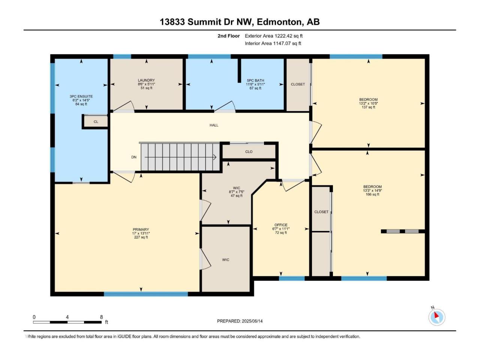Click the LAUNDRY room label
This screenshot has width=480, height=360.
coord(146,80)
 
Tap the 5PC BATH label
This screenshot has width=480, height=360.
coord(255,80)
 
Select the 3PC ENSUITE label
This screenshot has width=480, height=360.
coord(81,96)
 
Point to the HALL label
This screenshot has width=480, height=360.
coord(214,125)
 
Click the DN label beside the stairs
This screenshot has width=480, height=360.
coord(134,157)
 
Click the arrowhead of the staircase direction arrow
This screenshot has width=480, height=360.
coord(215,157)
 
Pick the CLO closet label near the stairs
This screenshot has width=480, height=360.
coord(249,152)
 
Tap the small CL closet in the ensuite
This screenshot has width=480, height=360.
coord(96,122)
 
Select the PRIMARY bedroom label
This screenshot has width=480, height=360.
coord(141,229)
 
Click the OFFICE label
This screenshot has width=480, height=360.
coord(281,225)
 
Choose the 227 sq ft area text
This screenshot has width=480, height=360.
coord(141,237)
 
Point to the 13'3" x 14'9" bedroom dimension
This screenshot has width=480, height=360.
coord(372,190)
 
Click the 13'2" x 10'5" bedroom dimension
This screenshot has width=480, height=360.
coord(369,103)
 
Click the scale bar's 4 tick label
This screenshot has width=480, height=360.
coord(67,317)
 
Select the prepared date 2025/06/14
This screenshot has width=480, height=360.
coord(252,321)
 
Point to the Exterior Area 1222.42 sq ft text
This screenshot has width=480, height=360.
coord(274,36)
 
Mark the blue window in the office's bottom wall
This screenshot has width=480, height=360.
coord(292,279)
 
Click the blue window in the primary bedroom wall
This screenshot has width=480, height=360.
coord(146,294)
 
